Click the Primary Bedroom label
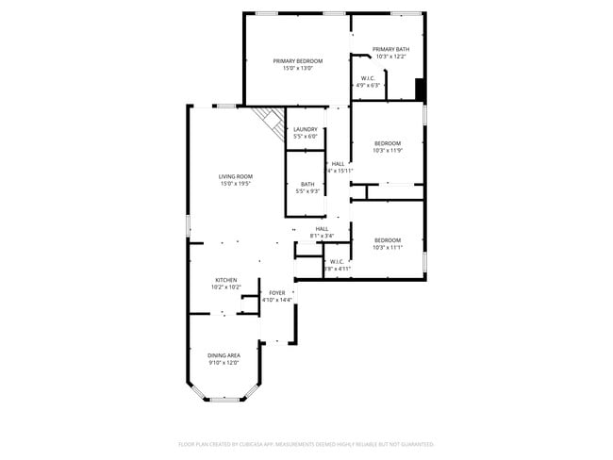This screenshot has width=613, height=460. (298, 60)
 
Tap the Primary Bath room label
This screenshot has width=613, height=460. (389, 49)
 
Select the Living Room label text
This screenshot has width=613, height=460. (236, 176)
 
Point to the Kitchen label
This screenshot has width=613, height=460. (225, 280)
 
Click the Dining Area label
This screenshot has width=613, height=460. (224, 355)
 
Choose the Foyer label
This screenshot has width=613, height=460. (277, 293)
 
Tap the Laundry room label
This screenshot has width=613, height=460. (305, 129)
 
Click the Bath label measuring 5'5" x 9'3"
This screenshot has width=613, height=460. (307, 184)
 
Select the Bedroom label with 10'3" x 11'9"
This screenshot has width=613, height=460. (387, 143)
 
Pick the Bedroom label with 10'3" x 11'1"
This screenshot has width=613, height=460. (387, 239)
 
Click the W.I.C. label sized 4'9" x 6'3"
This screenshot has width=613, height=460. (369, 78)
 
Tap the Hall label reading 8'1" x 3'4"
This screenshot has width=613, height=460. (322, 228)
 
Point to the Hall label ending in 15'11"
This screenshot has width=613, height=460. (338, 163)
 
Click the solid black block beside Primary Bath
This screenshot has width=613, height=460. (420, 88)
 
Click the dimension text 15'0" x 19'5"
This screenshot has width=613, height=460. (236, 184)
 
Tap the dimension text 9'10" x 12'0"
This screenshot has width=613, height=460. (224, 363)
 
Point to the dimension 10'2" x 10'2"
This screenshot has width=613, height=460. (227, 287)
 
